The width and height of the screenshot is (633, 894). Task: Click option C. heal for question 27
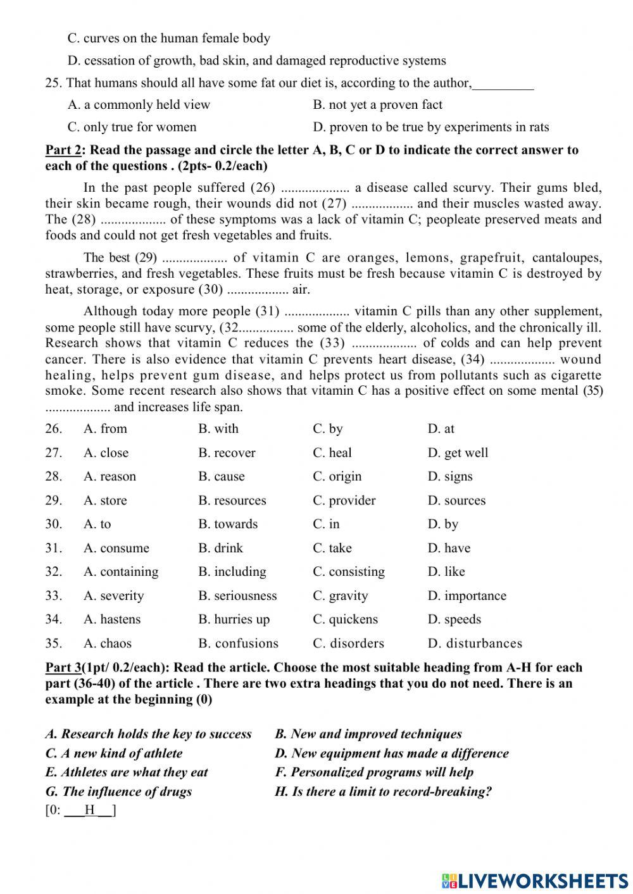[x=332, y=453]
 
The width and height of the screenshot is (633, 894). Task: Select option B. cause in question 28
[x=221, y=476]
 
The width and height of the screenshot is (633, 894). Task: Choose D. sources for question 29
[x=456, y=500]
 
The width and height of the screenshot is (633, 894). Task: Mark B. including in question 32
[x=232, y=572]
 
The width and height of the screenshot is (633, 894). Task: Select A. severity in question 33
[x=113, y=596]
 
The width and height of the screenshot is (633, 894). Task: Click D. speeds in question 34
[x=454, y=619]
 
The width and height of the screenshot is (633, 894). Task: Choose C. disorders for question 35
[x=348, y=643]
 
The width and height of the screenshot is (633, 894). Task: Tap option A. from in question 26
[x=105, y=429]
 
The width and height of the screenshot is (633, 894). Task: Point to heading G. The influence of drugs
[x=118, y=792]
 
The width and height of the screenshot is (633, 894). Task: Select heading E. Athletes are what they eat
[x=127, y=773]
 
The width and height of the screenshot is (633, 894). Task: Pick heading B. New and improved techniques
[x=368, y=735]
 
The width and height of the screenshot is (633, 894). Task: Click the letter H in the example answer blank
[x=90, y=810]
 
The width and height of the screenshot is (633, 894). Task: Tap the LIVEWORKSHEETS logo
[x=535, y=880]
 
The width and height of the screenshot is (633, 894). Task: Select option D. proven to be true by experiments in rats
[x=430, y=127]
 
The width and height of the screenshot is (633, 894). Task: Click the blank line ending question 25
[x=503, y=84]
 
